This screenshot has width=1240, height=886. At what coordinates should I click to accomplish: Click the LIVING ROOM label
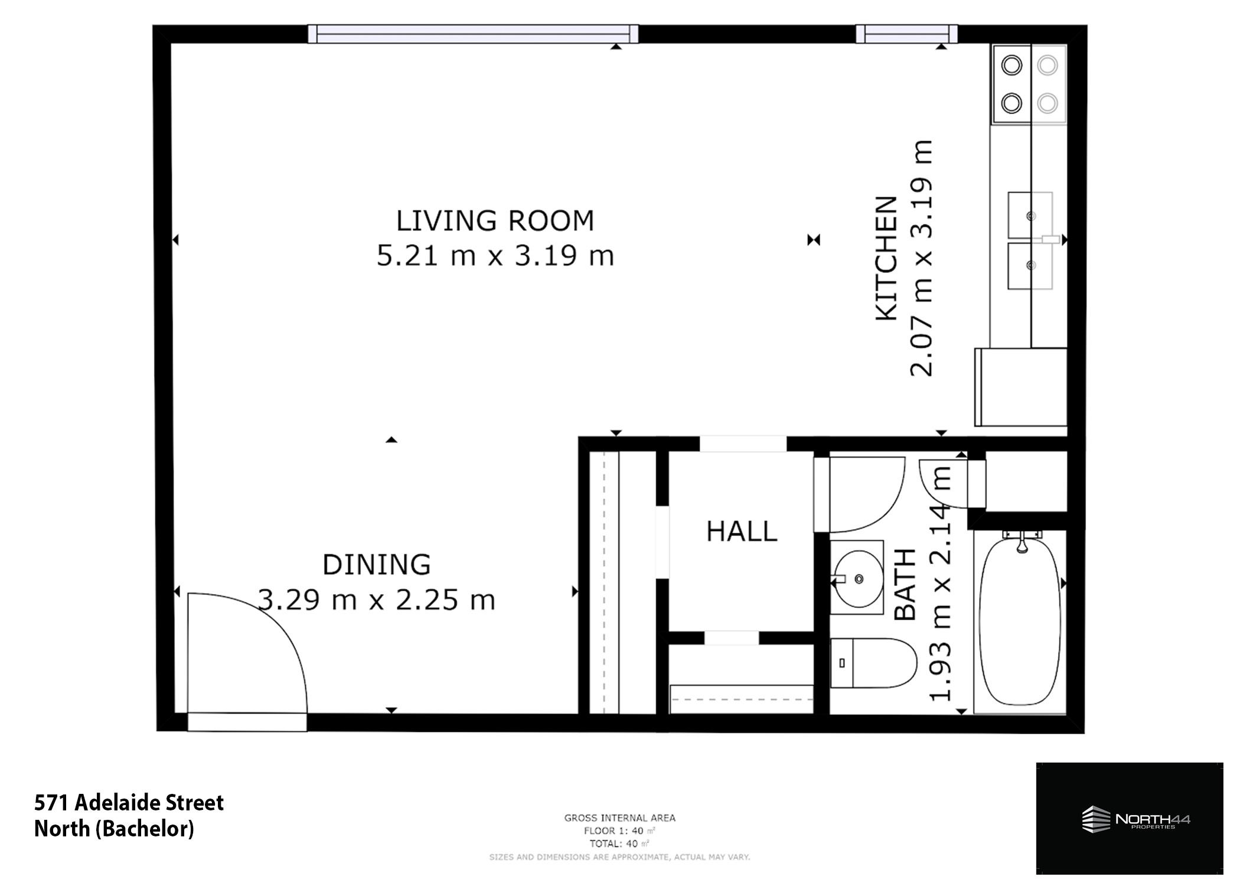pos(495,221)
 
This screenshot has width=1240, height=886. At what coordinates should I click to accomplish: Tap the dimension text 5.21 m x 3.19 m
pos(495,256)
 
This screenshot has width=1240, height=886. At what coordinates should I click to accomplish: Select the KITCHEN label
pos(886,259)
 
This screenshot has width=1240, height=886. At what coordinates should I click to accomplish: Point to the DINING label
pos(377,565)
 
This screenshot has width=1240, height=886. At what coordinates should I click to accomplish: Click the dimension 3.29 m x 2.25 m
pos(377,600)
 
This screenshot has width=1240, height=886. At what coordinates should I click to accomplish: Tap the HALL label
pos(742,532)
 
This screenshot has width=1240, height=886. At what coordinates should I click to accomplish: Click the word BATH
pos(905,585)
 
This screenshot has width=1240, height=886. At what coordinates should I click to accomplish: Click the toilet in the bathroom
pos(873,663)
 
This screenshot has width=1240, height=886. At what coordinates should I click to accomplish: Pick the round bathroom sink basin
pos(859,579)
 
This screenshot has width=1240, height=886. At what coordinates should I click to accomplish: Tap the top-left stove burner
pos(1011,65)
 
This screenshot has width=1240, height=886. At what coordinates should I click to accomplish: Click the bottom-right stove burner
pos(1048,103)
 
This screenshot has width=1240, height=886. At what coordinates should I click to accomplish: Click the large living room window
pos(473,34)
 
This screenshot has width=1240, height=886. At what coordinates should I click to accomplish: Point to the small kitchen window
pos(906,34)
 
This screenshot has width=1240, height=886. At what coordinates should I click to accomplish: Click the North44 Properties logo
pos(1130,819)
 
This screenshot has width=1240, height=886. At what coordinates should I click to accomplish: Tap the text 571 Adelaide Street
pos(129,803)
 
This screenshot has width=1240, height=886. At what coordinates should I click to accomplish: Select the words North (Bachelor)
pos(114,829)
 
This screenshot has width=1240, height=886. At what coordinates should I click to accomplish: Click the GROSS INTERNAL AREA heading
pos(619,818)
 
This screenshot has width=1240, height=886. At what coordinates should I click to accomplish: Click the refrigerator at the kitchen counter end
pos(1020,387)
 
